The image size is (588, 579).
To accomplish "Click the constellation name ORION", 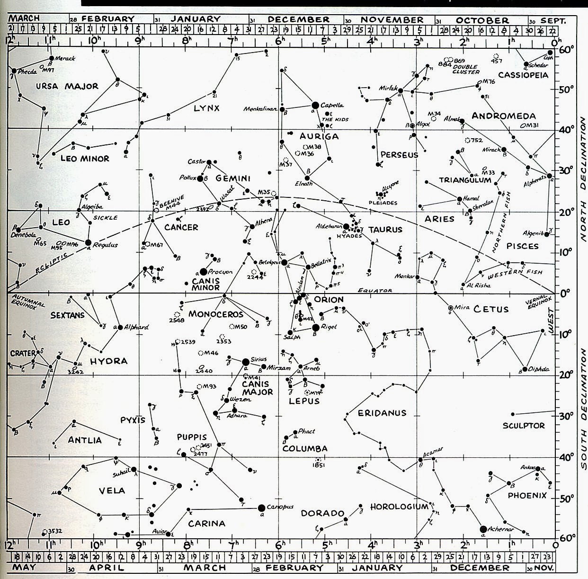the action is (x=329, y=300).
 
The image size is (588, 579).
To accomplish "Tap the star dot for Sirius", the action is (x=245, y=362).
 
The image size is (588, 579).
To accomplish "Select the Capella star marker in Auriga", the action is (x=315, y=105).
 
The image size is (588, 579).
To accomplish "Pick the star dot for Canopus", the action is (x=261, y=508).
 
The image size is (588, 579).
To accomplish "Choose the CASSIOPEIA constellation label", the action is (x=523, y=75).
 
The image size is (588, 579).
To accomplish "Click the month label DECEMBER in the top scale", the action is (x=298, y=19).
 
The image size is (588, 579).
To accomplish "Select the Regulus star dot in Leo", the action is (x=88, y=242).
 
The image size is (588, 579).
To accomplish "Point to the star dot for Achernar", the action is (x=483, y=529).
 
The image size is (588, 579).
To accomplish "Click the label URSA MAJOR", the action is (x=67, y=86).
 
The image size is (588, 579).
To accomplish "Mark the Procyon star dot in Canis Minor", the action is (x=204, y=271).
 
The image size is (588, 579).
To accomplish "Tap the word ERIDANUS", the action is (x=382, y=413).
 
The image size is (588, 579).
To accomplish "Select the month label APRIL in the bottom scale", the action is (x=101, y=568).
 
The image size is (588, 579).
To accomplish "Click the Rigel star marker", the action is (x=316, y=327).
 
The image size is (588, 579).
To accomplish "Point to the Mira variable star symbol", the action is (x=451, y=308).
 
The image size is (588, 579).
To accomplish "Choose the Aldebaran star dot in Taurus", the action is (x=346, y=227).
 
